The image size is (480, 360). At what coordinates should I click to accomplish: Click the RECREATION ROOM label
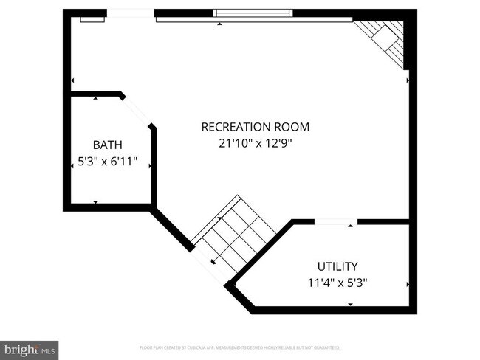[x=255, y=127]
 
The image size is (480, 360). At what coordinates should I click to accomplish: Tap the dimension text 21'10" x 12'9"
[x=255, y=145]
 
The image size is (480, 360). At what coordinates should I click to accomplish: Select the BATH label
[x=107, y=145]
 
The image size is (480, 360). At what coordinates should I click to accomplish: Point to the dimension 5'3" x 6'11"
[x=108, y=163]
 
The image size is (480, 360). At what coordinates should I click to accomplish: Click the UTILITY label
[x=337, y=266]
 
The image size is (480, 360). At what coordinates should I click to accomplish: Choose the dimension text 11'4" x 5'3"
[x=337, y=282]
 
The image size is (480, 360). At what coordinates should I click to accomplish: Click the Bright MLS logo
[x=30, y=349]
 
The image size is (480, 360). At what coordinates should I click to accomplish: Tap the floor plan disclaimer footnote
[x=240, y=347]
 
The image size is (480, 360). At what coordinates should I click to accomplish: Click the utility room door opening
[x=335, y=221]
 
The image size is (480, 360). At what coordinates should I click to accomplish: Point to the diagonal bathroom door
[x=137, y=112]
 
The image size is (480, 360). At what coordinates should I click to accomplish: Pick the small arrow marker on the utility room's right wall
[x=408, y=283]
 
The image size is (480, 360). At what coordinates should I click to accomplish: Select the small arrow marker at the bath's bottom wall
[x=96, y=202]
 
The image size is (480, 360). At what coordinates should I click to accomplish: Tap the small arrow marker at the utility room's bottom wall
[x=350, y=304]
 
